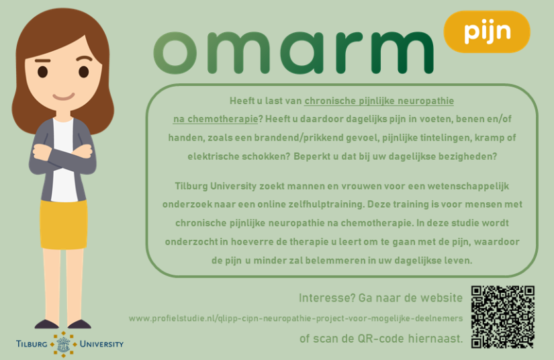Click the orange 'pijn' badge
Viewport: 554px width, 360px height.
[487, 32]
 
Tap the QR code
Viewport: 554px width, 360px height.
[503, 317]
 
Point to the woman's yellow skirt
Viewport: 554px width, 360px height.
[63, 224]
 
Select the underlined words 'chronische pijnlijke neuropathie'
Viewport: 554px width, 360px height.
[379, 101]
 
